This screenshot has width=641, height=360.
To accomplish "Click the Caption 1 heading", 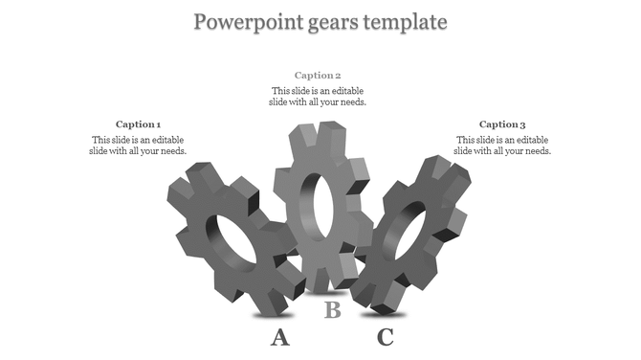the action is pos(138,124).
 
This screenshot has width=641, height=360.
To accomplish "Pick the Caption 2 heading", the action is pos(318,75).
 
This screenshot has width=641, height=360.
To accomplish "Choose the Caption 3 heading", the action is pos(502,124).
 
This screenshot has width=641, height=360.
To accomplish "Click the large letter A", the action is pos(279,336).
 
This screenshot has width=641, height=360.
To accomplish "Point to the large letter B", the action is pos(332,309).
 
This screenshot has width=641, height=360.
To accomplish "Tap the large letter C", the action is pos(385,336).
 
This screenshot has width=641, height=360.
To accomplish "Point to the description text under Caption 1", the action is pos(138,145).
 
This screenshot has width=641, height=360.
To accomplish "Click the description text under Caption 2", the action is pos(318,96).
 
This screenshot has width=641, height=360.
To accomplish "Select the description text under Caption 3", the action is pos(502,145).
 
